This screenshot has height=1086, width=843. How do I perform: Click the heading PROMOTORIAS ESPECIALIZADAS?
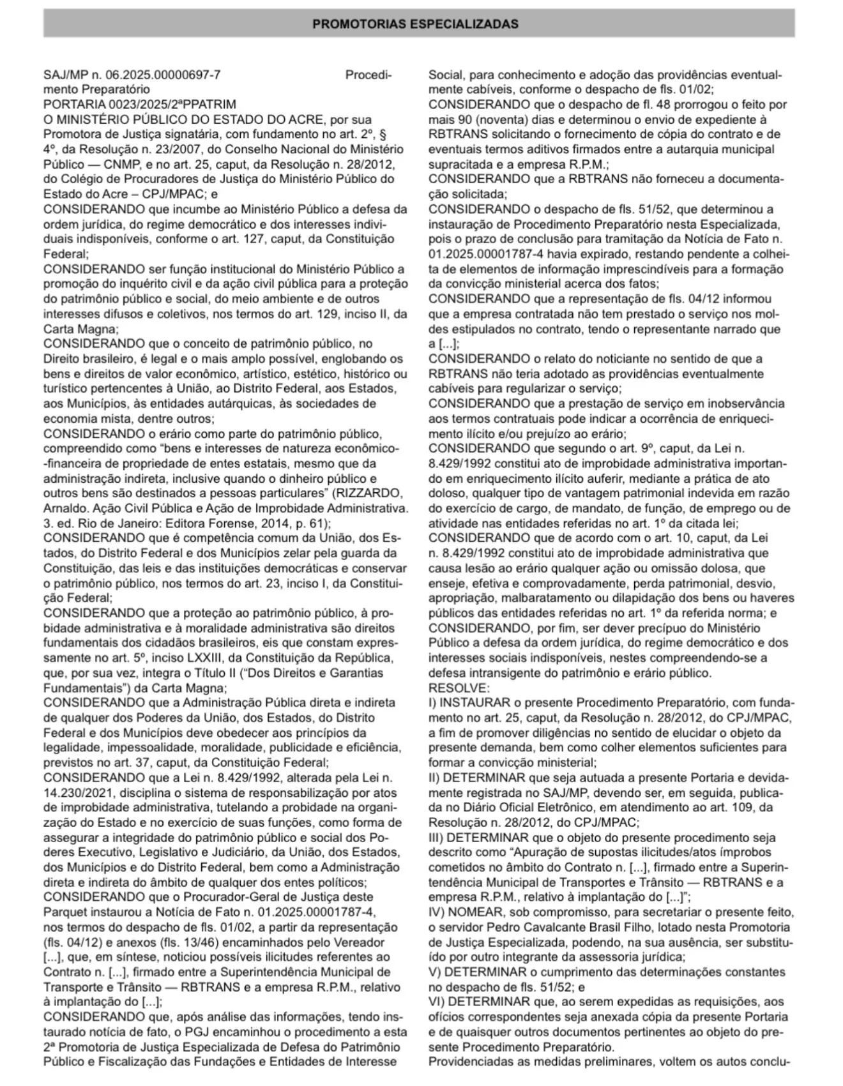[415, 24]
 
